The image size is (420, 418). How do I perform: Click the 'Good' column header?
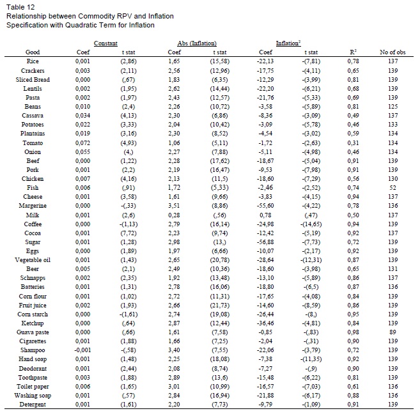[x=33, y=52]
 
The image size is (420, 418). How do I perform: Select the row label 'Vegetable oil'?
[x=33, y=279]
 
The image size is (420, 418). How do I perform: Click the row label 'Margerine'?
[x=33, y=206]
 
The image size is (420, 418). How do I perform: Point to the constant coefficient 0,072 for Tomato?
[x=82, y=143]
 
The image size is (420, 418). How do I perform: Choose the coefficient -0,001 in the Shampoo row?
[x=82, y=351]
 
